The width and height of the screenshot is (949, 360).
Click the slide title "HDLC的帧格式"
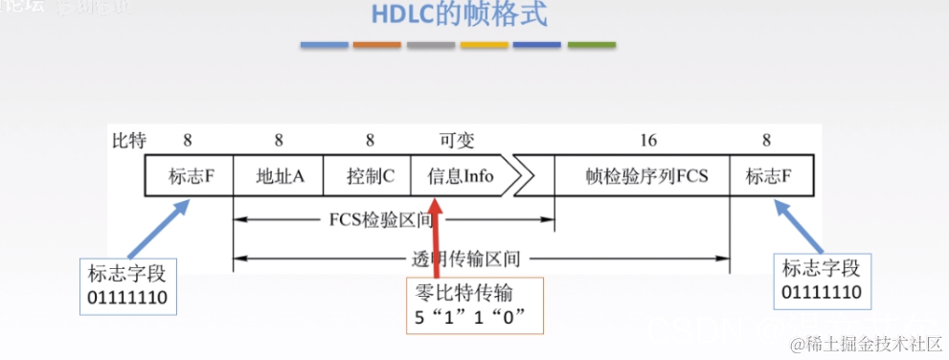click(x=473, y=15)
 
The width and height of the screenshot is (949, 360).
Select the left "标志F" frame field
click(x=189, y=177)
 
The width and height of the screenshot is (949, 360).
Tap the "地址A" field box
click(x=279, y=177)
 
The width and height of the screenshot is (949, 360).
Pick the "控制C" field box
click(x=369, y=177)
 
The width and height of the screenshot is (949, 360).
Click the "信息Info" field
click(x=460, y=177)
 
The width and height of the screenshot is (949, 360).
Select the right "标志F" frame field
click(x=767, y=177)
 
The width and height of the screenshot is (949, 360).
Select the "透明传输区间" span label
click(x=467, y=258)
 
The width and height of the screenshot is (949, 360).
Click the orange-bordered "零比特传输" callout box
click(x=471, y=305)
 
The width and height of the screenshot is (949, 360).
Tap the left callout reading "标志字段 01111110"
click(x=128, y=284)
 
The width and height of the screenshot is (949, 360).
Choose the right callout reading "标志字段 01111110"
click(x=821, y=280)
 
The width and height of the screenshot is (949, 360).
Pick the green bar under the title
click(x=591, y=45)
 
